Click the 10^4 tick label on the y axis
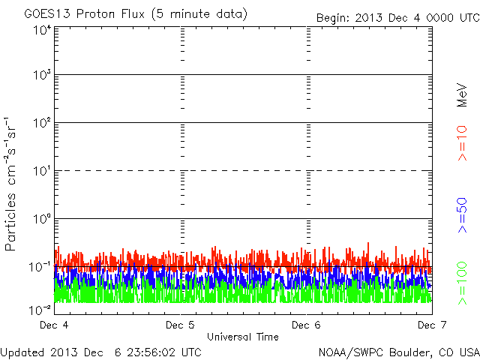(x=42, y=30)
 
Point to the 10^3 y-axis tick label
(x=42, y=75)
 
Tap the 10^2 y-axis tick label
(x=42, y=122)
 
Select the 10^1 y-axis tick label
(x=42, y=170)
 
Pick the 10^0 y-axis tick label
(x=42, y=218)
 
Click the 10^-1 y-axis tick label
(x=40, y=266)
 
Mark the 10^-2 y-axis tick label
(x=40, y=309)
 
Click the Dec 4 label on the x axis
(x=54, y=325)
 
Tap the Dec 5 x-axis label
(x=180, y=325)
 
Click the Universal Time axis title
(x=243, y=337)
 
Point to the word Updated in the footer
(x=22, y=351)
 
